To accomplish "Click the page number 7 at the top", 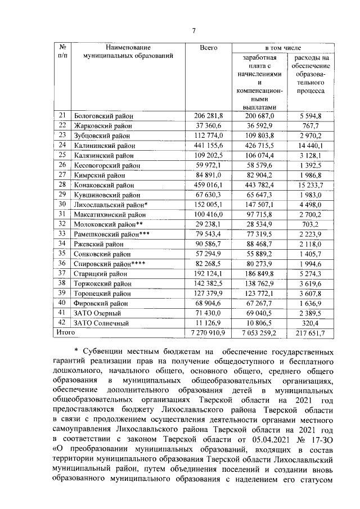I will click(x=193, y=30).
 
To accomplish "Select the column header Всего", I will click(x=208, y=48).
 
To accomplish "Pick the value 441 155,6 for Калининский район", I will click(x=209, y=145).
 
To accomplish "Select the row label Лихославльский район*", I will click(x=110, y=205).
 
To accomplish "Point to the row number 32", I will click(x=62, y=224).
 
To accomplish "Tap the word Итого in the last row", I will click(x=63, y=333).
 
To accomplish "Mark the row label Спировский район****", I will click(x=110, y=264).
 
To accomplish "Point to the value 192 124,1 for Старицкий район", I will click(x=209, y=274).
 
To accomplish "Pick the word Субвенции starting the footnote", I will click(x=103, y=352).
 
